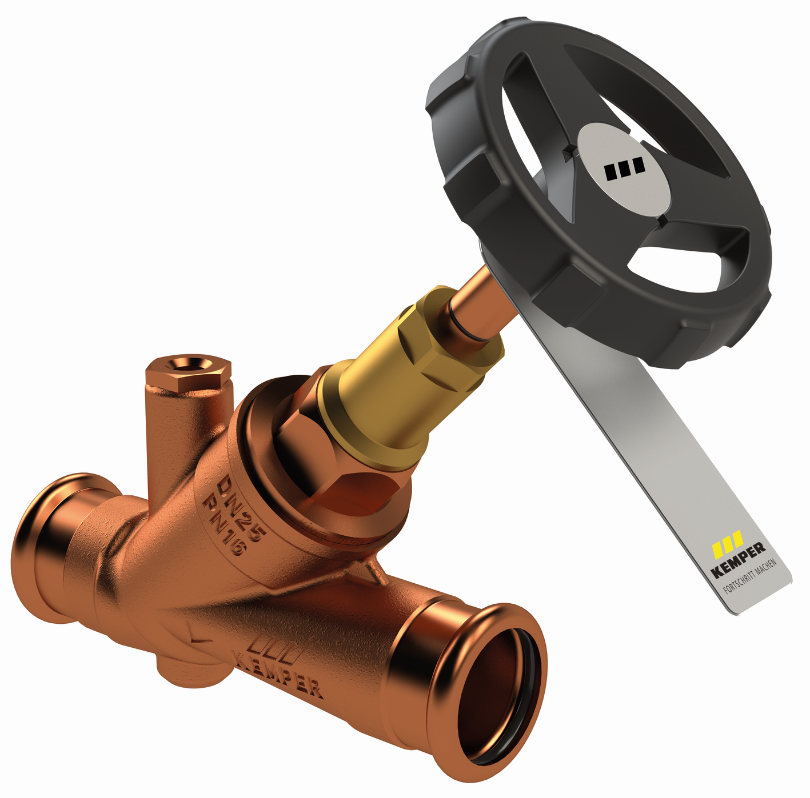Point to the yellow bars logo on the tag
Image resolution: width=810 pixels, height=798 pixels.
coord(727,542)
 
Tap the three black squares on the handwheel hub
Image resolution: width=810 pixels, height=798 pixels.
coord(625,168)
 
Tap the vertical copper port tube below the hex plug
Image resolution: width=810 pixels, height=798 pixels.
coord(171,434)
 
